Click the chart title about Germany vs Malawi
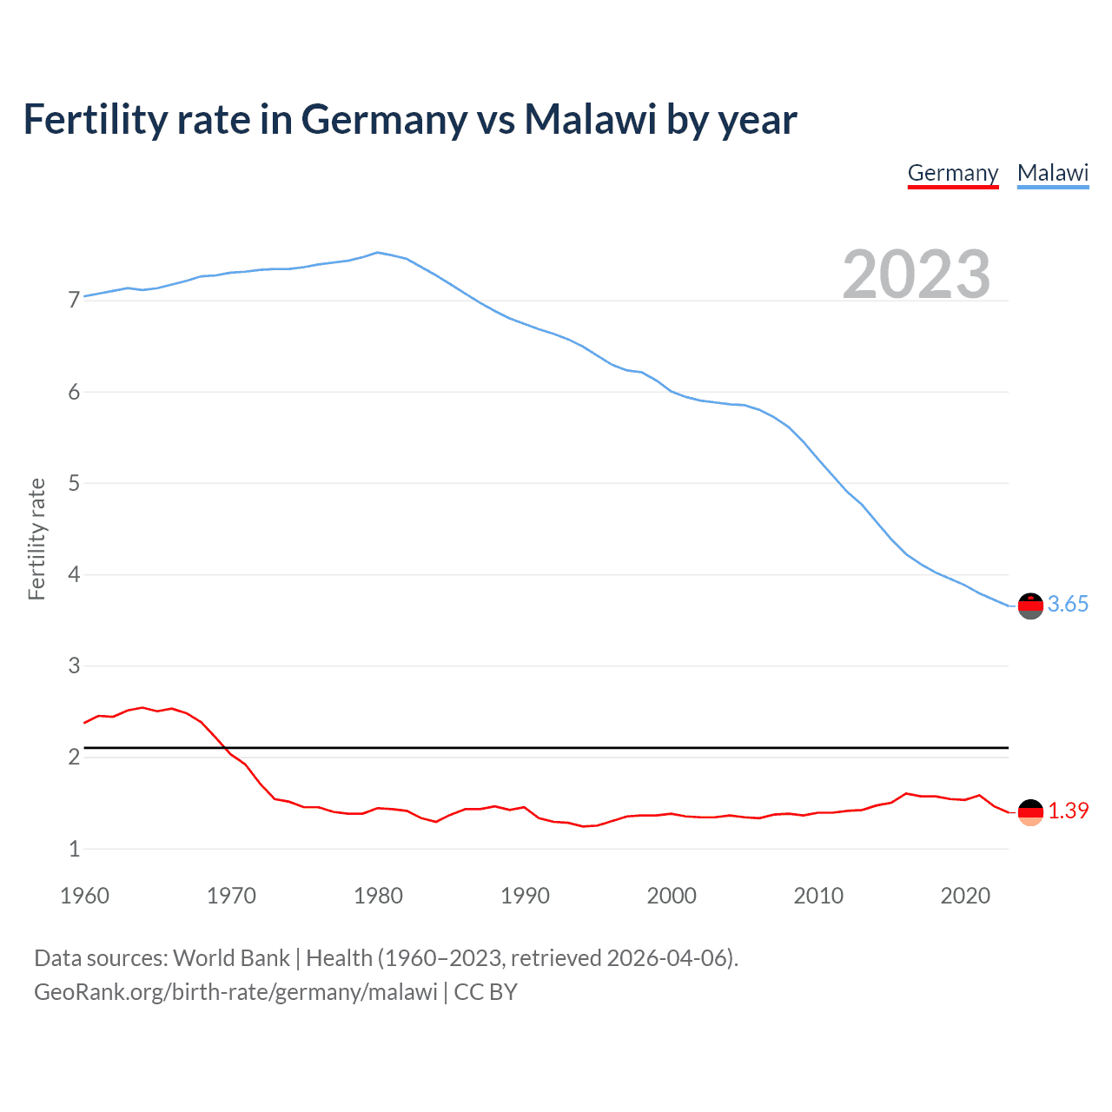click(409, 120)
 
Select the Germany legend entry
click(953, 173)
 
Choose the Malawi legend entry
click(1053, 173)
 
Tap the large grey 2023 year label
click(917, 275)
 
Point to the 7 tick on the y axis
click(74, 301)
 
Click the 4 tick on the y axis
click(74, 574)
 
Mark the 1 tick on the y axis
click(74, 849)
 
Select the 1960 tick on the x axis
click(84, 896)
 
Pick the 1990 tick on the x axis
click(525, 896)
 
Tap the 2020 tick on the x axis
click(965, 896)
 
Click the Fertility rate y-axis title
click(36, 539)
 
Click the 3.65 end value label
click(1068, 604)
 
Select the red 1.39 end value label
click(1068, 811)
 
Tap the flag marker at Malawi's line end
click(1030, 606)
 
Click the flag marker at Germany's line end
click(1030, 812)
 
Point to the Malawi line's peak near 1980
click(377, 253)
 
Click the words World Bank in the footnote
click(231, 958)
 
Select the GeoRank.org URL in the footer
click(235, 992)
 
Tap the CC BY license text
click(486, 992)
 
